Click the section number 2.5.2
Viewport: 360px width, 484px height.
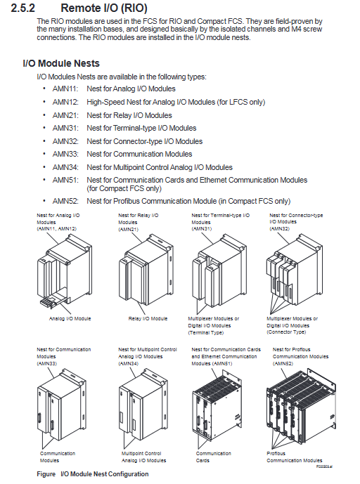pyautogui.click(x=23, y=8)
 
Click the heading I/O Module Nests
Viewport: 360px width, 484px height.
pyautogui.click(x=61, y=63)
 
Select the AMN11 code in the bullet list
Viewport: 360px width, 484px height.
pyautogui.click(x=65, y=89)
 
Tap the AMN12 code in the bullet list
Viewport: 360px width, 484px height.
pyautogui.click(x=65, y=102)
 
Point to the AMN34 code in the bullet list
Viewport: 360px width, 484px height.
pyautogui.click(x=65, y=167)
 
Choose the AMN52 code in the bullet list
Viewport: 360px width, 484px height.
pyautogui.click(x=65, y=201)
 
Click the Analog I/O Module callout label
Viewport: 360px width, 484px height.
pyautogui.click(x=70, y=318)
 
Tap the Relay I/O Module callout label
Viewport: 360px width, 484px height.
pyautogui.click(x=148, y=318)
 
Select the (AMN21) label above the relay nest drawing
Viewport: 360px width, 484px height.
pyautogui.click(x=128, y=229)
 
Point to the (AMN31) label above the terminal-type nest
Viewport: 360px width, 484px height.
pyautogui.click(x=202, y=229)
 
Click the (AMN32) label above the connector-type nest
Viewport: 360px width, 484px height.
pyautogui.click(x=280, y=229)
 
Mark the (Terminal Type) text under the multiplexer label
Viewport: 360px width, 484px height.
pyautogui.click(x=206, y=333)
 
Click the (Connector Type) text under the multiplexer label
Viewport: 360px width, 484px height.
pyautogui.click(x=286, y=332)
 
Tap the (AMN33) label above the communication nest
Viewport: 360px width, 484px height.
pyautogui.click(x=46, y=364)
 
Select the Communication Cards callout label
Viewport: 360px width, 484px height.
pyautogui.click(x=213, y=457)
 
